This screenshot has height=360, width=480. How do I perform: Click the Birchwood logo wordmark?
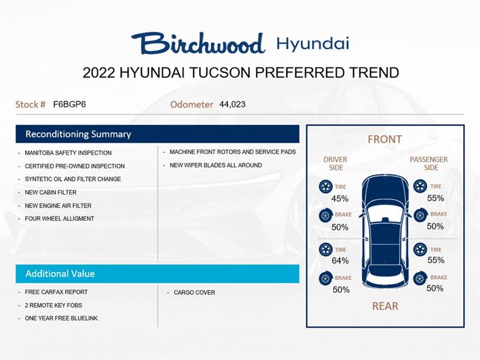point(198,43)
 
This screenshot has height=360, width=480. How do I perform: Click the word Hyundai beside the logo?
point(313,43)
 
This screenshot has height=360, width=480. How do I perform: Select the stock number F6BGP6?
point(70,104)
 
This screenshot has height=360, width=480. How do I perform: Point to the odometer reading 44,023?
point(232,104)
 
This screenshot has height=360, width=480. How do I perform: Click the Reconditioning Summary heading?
point(78,134)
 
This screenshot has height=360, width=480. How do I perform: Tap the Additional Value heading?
point(60,274)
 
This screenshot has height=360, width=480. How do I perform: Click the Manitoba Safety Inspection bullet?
point(68,153)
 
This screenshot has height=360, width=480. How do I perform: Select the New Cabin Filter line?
point(50,193)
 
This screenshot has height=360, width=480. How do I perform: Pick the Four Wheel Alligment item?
point(59,219)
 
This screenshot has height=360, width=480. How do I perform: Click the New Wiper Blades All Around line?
point(215,166)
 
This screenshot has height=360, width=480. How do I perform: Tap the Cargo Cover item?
point(194,293)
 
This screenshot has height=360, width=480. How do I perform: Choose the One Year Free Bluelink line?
point(61,319)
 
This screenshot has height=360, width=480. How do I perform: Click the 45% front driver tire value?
point(340,199)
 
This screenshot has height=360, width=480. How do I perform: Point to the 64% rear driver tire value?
point(340,260)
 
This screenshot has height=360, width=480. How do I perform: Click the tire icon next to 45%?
point(326,187)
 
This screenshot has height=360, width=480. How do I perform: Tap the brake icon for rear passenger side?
point(420,278)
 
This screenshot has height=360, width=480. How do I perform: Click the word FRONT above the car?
point(385,139)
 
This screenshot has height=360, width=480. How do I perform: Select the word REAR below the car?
point(385,306)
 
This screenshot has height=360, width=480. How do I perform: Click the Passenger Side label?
point(428,163)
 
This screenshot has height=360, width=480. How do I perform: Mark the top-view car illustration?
point(385,231)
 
